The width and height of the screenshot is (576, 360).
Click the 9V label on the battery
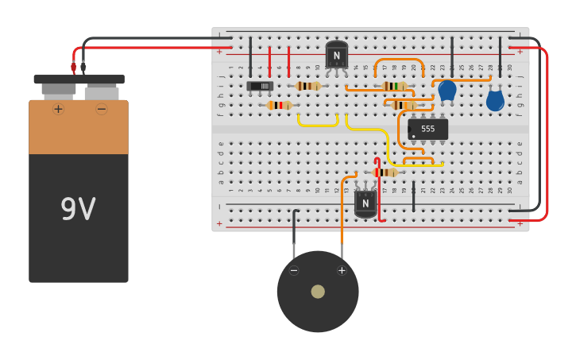[78, 209]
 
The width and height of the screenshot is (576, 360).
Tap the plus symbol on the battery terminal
[58, 109]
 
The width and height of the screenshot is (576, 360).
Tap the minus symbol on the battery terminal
[101, 109]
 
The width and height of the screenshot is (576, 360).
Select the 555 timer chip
[427, 129]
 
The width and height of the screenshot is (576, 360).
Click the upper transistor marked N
[337, 55]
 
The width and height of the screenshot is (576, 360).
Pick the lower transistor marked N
[365, 203]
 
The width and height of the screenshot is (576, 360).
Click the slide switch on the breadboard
[260, 86]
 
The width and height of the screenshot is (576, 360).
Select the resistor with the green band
[395, 86]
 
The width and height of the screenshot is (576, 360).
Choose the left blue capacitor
[447, 90]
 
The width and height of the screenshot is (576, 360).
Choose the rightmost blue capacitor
[495, 100]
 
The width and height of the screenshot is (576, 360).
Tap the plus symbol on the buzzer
[342, 270]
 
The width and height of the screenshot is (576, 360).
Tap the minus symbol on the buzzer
[294, 270]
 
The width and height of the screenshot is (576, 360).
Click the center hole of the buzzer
[318, 292]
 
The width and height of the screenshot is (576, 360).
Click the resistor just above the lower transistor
[385, 172]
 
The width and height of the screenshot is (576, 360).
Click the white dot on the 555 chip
[413, 136]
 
